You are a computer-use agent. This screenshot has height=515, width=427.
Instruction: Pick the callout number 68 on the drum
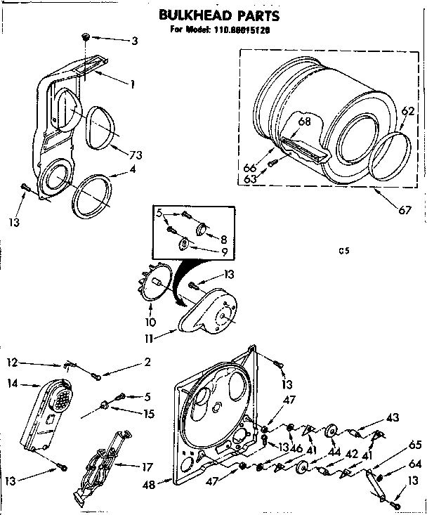coord(304,122)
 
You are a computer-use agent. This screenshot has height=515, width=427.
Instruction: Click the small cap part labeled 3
coord(84,35)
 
